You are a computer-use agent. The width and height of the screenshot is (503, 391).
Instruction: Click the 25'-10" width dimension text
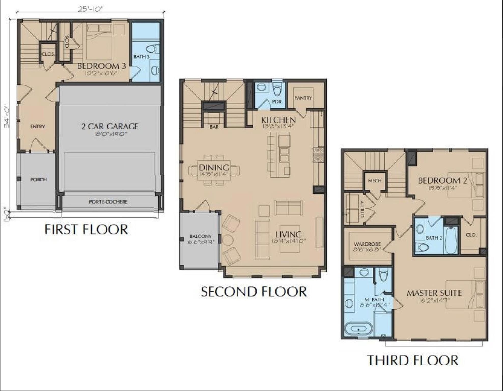91,9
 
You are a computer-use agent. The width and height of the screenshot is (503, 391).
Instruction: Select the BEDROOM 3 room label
101,66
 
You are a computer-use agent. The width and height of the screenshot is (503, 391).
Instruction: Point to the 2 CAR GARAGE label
110,126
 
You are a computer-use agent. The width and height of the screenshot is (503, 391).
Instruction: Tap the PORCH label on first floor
38,179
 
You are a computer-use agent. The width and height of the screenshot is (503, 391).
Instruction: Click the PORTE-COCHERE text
108,202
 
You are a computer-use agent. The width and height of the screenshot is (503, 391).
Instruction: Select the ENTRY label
37,127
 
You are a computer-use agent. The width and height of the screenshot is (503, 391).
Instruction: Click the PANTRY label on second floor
303,98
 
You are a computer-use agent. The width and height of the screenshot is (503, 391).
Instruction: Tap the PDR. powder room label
277,101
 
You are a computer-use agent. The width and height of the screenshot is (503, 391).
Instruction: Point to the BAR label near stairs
214,127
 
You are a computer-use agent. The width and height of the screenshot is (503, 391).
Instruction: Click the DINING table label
214,167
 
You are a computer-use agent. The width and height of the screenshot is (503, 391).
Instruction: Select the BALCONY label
200,236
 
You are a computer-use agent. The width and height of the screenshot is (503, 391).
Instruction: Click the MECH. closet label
375,181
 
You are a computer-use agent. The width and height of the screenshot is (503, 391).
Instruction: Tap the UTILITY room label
362,209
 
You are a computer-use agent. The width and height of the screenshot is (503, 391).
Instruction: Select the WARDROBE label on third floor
367,244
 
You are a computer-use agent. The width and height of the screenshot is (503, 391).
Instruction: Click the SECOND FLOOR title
254,292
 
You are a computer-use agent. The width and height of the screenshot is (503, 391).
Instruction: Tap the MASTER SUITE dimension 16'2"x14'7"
434,300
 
